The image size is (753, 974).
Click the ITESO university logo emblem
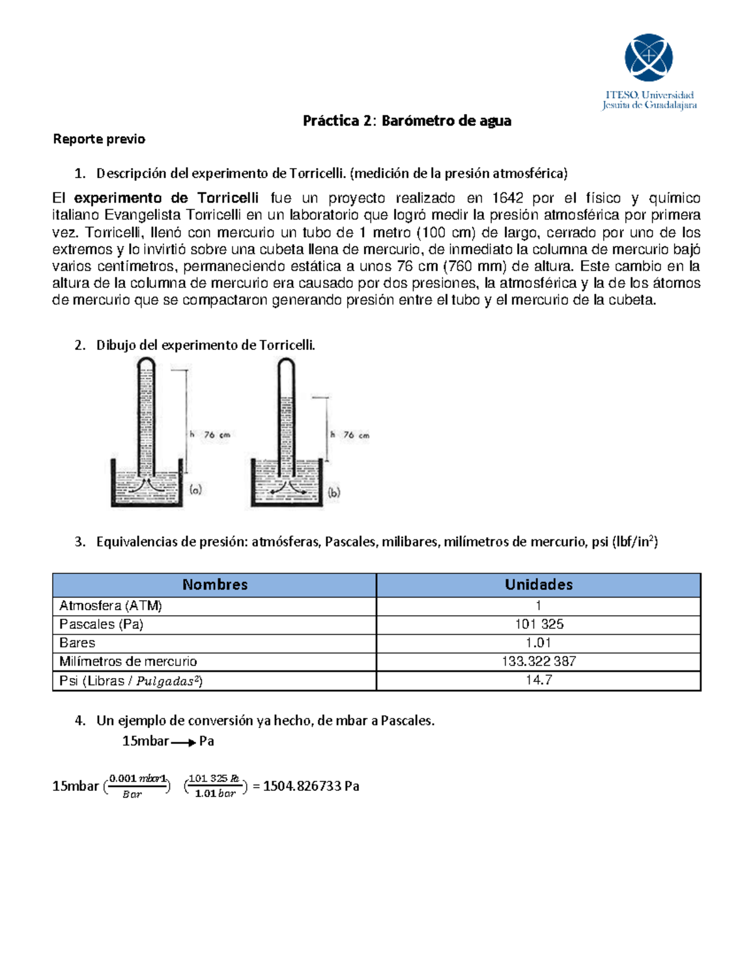coord(648,57)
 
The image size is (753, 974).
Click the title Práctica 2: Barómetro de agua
coord(407,121)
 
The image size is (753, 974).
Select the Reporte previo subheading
coord(99,139)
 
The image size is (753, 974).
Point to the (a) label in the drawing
coord(196,490)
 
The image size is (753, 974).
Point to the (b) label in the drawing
coord(334,492)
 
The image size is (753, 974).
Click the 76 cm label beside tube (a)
coord(217,434)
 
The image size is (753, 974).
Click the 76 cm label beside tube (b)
coord(356,435)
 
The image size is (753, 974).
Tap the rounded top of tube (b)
coord(286,364)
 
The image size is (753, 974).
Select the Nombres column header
coord(215,585)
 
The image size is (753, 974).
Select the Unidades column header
coord(538,585)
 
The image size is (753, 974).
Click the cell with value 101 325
coord(539,624)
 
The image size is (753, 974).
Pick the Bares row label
coord(77,643)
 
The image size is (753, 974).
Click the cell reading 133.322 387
coord(539,661)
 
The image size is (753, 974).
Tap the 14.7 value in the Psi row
coord(539,680)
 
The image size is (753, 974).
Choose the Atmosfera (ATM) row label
coord(110,606)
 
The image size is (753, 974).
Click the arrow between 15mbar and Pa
coord(183,743)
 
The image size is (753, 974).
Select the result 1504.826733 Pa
coord(311,786)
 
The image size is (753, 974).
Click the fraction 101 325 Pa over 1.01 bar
coord(215,786)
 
